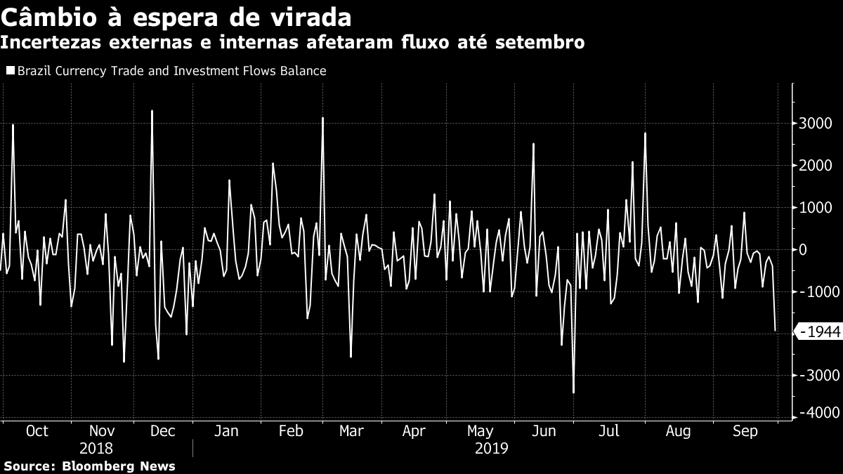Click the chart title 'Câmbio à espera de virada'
tap(176, 15)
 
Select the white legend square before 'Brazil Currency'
tap(10, 71)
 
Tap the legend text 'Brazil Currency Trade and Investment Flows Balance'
tap(171, 71)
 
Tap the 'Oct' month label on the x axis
tap(37, 431)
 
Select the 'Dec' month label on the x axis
tap(163, 431)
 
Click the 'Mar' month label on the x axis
tap(351, 431)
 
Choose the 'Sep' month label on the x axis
tap(745, 431)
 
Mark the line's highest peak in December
tap(152, 111)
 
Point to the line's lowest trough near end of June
tap(573, 393)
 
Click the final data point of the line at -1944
tap(775, 331)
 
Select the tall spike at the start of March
tap(322, 118)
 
